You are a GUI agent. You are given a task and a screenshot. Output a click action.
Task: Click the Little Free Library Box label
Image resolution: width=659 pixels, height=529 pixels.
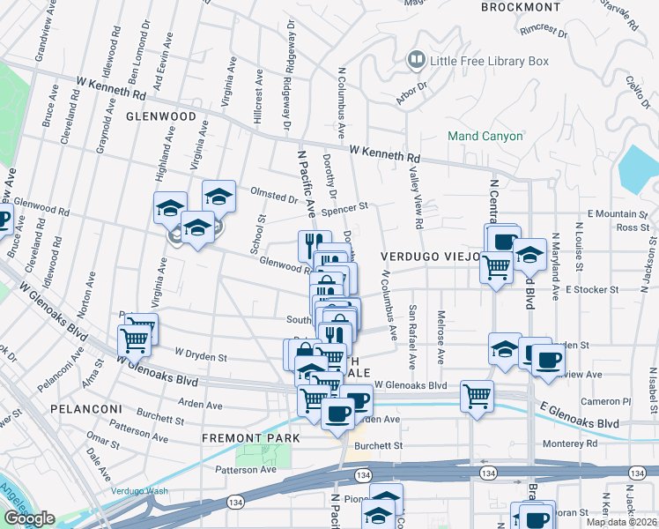[488, 61]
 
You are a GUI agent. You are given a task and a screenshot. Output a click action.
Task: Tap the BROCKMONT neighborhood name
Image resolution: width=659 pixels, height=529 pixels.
[521, 7]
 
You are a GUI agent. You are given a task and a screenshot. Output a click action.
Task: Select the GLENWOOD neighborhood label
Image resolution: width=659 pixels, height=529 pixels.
[160, 116]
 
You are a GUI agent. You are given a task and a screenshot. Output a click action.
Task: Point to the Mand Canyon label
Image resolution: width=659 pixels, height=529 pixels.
[485, 137]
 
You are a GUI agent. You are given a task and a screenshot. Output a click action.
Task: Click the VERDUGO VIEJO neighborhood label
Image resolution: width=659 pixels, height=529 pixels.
[430, 256]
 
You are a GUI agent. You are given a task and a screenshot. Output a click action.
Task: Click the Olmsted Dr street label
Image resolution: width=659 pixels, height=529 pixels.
[274, 197]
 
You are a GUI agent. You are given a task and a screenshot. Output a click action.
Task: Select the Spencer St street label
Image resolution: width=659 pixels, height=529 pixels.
[344, 210]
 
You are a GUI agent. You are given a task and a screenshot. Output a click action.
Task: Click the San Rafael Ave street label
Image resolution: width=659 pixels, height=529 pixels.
[412, 338]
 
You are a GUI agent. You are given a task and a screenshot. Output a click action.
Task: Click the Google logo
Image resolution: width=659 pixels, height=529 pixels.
[29, 519]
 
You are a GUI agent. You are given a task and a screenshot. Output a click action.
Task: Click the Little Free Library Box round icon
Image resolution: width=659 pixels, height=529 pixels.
[415, 61]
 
